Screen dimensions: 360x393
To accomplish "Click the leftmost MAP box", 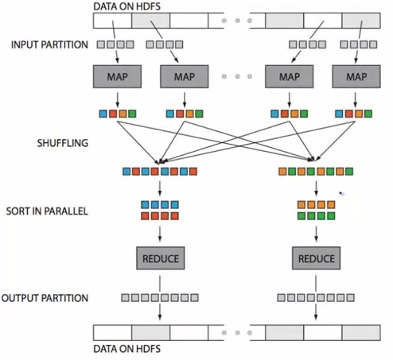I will (118, 77).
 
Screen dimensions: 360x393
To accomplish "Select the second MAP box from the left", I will (183, 77).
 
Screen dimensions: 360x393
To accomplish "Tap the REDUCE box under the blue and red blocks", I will (161, 258).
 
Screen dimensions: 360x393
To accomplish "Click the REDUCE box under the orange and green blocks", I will (316, 258).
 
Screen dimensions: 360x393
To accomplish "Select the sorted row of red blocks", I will (161, 216).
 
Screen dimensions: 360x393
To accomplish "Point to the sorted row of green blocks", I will (316, 216).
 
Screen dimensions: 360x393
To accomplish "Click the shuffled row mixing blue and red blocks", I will (161, 171).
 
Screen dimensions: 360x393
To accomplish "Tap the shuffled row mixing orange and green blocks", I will (316, 171).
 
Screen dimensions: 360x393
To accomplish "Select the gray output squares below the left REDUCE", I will (161, 298).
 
